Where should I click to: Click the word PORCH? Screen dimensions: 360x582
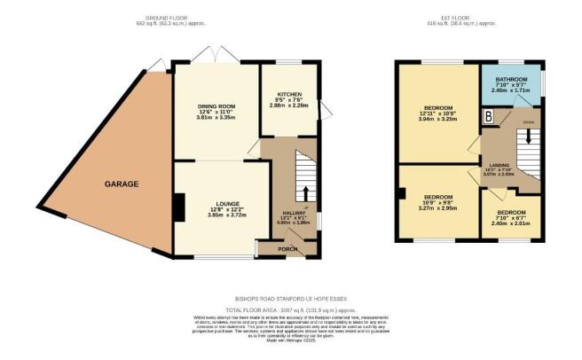(287, 248)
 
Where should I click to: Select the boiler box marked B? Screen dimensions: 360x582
(487, 115)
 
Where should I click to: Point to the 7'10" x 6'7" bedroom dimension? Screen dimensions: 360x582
(512, 218)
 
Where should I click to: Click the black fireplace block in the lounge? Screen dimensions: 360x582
(179, 208)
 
